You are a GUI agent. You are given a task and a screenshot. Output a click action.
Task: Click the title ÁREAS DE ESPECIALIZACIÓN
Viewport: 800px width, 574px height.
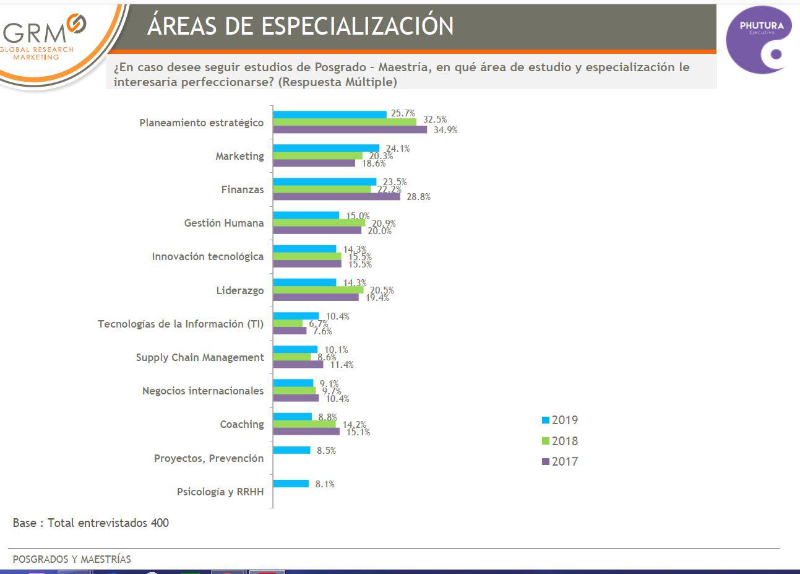pos(301,26)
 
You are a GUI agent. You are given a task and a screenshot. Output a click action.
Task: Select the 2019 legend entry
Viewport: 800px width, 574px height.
pos(559,420)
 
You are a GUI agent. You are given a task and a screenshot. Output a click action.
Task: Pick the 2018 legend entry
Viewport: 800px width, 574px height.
pos(559,441)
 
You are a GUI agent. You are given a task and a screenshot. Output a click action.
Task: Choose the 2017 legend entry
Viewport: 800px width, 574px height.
pos(559,461)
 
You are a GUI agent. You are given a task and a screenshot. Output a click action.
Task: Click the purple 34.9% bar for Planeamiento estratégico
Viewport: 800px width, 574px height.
pos(350,129)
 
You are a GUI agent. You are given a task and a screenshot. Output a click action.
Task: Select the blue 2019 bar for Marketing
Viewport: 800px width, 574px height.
pos(326,149)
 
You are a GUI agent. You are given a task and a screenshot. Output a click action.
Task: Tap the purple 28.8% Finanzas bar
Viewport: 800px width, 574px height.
pos(337,197)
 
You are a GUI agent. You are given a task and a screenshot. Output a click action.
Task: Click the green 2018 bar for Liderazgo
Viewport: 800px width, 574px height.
pos(318,290)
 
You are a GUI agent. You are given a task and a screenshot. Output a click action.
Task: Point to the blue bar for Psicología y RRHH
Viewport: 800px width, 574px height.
pos(291,484)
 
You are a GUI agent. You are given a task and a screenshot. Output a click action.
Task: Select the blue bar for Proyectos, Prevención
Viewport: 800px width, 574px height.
pos(291,450)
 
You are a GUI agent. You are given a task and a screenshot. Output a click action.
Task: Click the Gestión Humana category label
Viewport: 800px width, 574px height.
pos(224,223)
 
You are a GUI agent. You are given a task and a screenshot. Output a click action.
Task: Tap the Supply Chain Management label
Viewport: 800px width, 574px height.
pos(200,357)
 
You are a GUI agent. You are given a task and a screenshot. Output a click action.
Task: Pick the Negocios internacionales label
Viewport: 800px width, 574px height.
pos(203,391)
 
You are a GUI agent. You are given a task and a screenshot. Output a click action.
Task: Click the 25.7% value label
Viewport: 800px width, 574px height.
pos(403,113)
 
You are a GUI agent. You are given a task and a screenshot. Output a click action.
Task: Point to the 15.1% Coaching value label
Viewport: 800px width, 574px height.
pos(358,432)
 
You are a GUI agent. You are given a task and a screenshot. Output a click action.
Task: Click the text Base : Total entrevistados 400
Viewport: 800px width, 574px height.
pos(90,523)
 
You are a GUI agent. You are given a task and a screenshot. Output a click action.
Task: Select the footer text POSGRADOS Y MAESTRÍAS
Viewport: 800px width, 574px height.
pos(72,559)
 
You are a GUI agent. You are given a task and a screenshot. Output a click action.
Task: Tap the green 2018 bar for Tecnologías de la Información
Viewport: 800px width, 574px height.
pos(288,323)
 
